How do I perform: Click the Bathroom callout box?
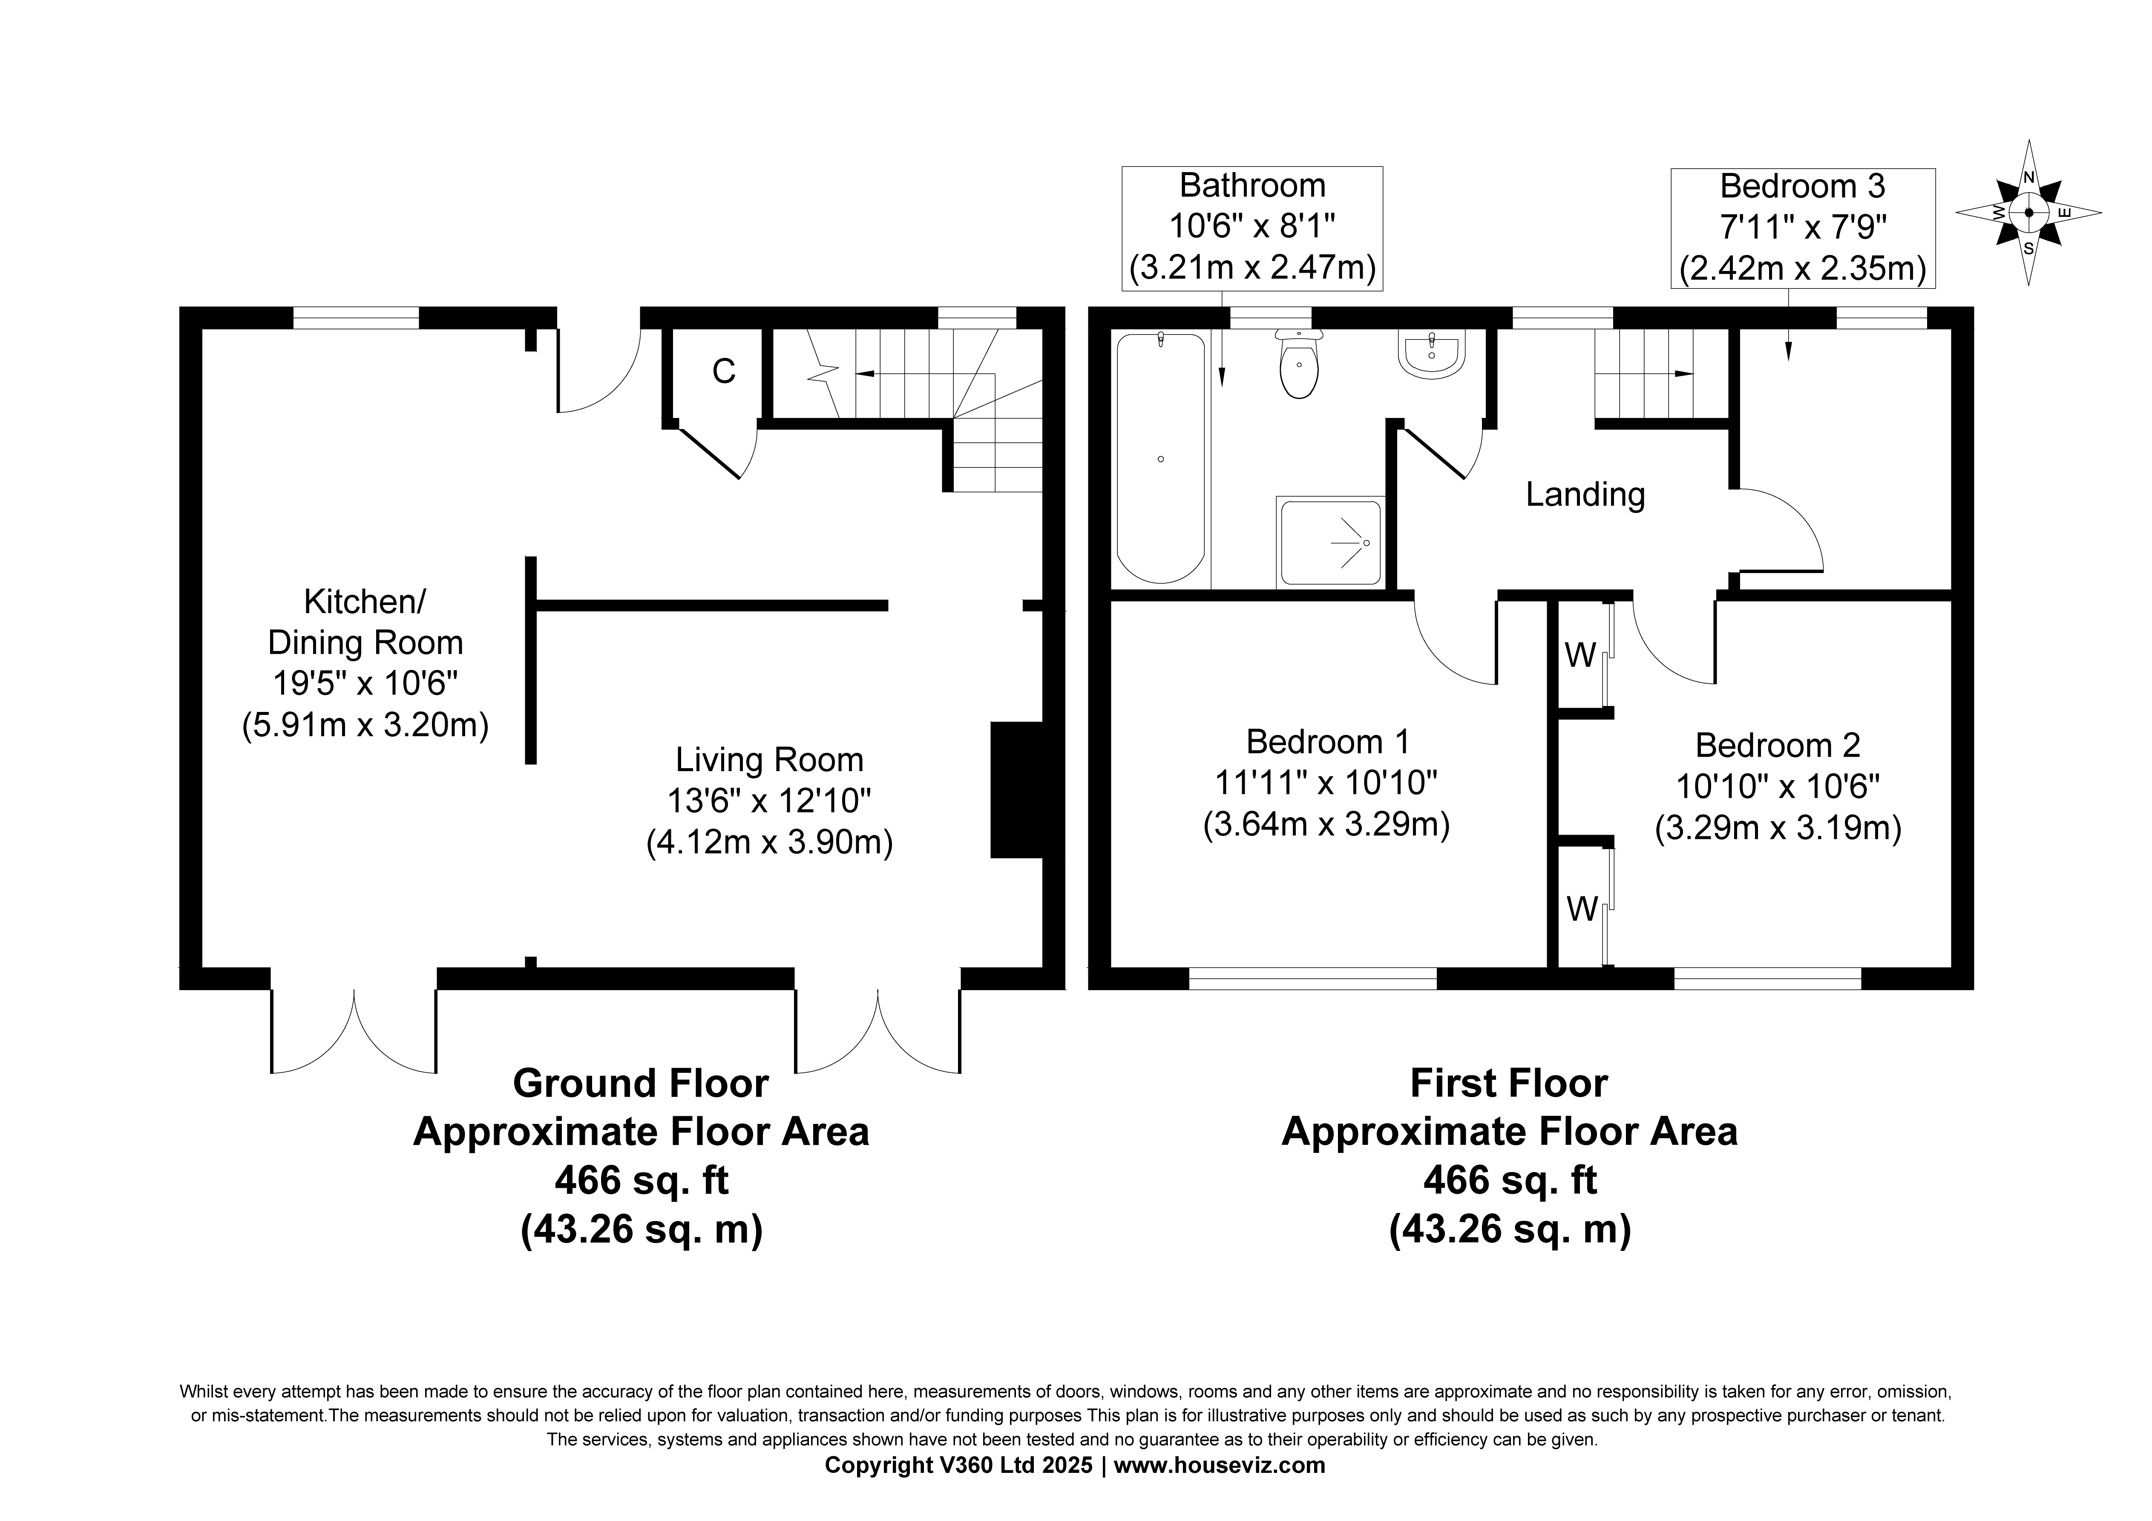(1252, 228)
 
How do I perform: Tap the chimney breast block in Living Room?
(1017, 789)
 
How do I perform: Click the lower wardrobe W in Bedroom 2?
(1582, 908)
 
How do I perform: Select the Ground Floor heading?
(641, 1083)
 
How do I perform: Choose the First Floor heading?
(1509, 1083)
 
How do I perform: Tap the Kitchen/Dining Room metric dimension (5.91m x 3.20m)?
(365, 725)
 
